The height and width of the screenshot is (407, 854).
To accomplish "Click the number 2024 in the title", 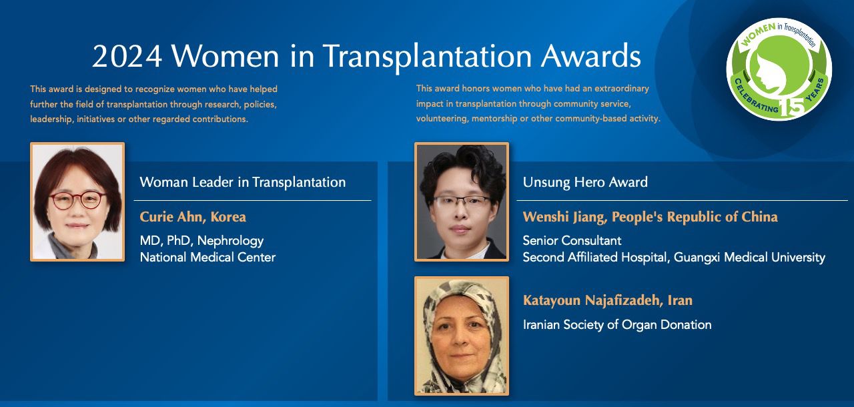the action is point(127,56).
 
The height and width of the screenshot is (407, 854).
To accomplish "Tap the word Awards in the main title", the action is point(591,56).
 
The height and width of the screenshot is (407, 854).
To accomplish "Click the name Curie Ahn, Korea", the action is point(193,217).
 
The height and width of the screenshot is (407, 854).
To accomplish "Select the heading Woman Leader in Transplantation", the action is point(243,182).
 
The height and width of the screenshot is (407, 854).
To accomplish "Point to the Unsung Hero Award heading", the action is point(585,182).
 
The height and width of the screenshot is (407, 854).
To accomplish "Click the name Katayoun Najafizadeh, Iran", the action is point(608,300).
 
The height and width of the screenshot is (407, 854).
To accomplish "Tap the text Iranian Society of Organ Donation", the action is point(617,325).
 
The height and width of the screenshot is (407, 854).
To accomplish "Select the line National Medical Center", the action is point(207,258).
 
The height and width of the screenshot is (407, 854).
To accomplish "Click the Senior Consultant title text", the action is point(572,240).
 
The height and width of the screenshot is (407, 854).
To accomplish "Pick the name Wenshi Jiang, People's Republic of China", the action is point(650,217).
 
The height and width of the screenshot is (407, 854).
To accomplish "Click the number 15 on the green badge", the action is point(792,108).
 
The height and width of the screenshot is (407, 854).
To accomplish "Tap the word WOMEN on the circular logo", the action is point(758,33).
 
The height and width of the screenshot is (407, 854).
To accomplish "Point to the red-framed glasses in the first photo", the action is point(77,200).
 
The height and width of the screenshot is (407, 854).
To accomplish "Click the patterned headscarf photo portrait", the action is point(462,336).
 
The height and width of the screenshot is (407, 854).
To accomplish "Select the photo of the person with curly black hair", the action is point(462,201).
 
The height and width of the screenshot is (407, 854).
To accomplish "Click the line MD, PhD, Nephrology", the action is point(201,241).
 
